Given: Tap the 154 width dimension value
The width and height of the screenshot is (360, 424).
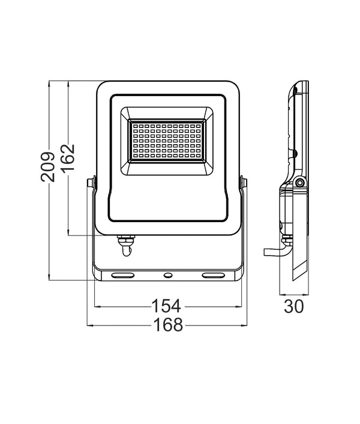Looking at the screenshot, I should [166, 306].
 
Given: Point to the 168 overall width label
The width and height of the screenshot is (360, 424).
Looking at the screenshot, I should [166, 325].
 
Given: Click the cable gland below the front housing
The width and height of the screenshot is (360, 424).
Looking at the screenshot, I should [125, 244].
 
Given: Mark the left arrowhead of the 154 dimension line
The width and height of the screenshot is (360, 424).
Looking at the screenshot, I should [97, 306].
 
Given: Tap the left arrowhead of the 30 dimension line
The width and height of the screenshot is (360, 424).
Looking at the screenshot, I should [282, 294].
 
